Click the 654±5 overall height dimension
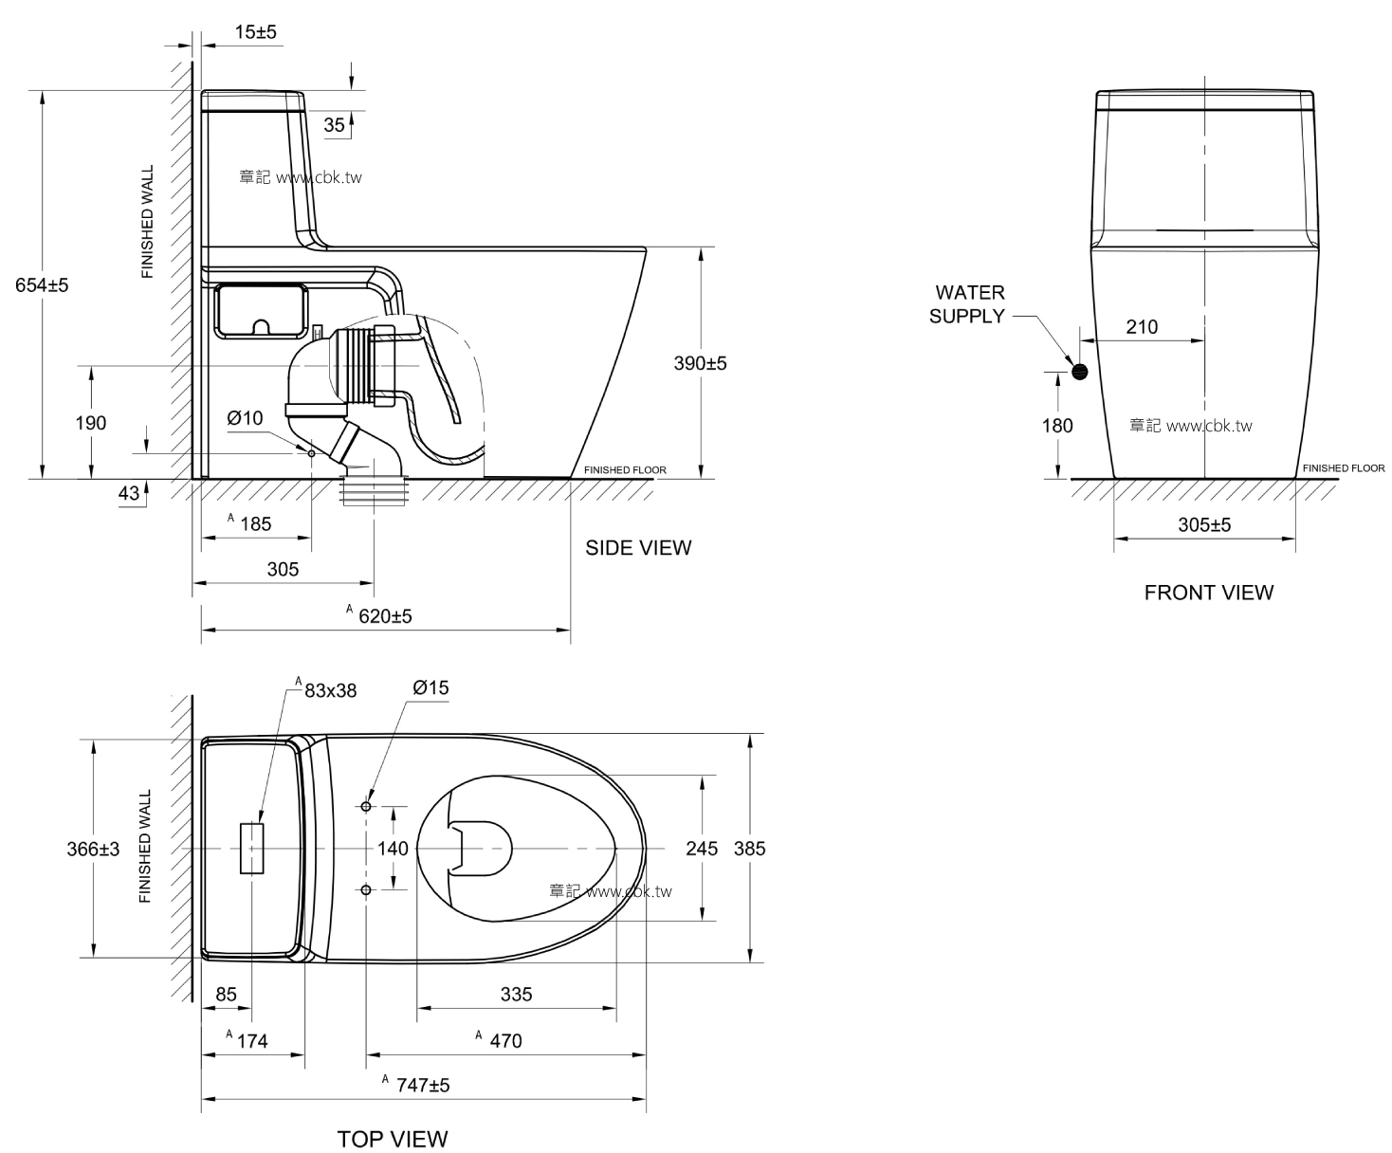(x=42, y=284)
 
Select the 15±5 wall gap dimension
(x=255, y=32)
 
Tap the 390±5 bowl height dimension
(x=700, y=363)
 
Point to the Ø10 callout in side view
(x=245, y=418)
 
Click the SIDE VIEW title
(x=638, y=548)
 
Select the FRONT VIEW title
(x=1208, y=593)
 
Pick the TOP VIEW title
(x=393, y=1138)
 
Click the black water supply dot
(x=1079, y=371)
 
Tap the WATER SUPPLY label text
(x=969, y=304)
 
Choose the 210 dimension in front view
(x=1142, y=327)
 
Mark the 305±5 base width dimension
(x=1204, y=524)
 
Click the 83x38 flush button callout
(x=329, y=690)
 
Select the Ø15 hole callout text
(x=430, y=688)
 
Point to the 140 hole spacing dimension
(x=394, y=848)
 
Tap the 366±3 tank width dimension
(x=93, y=849)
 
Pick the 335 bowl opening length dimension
(x=516, y=994)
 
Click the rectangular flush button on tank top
(x=252, y=848)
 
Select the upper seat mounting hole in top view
(x=367, y=806)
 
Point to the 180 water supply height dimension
(x=1057, y=426)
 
